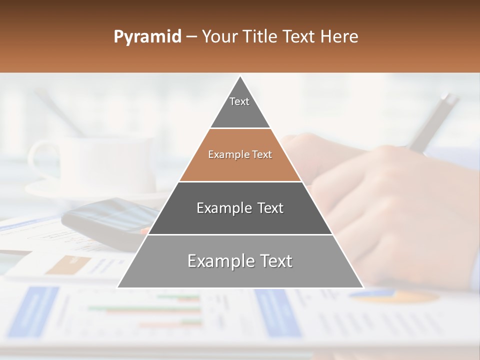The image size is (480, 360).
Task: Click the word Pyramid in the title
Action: pos(147,37)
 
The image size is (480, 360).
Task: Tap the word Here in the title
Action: pos(339,37)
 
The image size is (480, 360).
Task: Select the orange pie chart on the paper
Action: pos(395,296)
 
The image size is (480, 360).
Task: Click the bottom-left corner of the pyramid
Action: pos(118,287)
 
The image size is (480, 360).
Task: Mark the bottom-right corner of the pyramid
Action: pos(363,287)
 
